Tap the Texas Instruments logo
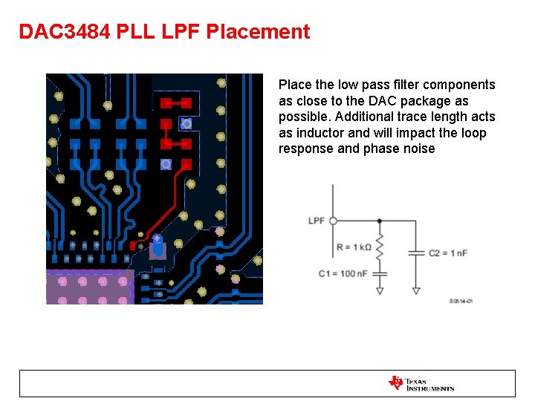click(421, 383)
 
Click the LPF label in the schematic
click(317, 221)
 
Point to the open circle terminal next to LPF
click(333, 221)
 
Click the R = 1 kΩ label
click(354, 247)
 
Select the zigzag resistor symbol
click(380, 247)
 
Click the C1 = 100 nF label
click(343, 274)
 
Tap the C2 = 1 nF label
click(448, 253)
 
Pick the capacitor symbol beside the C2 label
click(416, 253)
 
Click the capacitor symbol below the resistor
click(380, 274)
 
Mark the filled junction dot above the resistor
click(380, 221)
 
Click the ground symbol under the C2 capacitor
click(416, 291)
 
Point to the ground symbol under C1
click(380, 290)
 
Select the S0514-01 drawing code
click(461, 301)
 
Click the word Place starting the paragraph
click(294, 85)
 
